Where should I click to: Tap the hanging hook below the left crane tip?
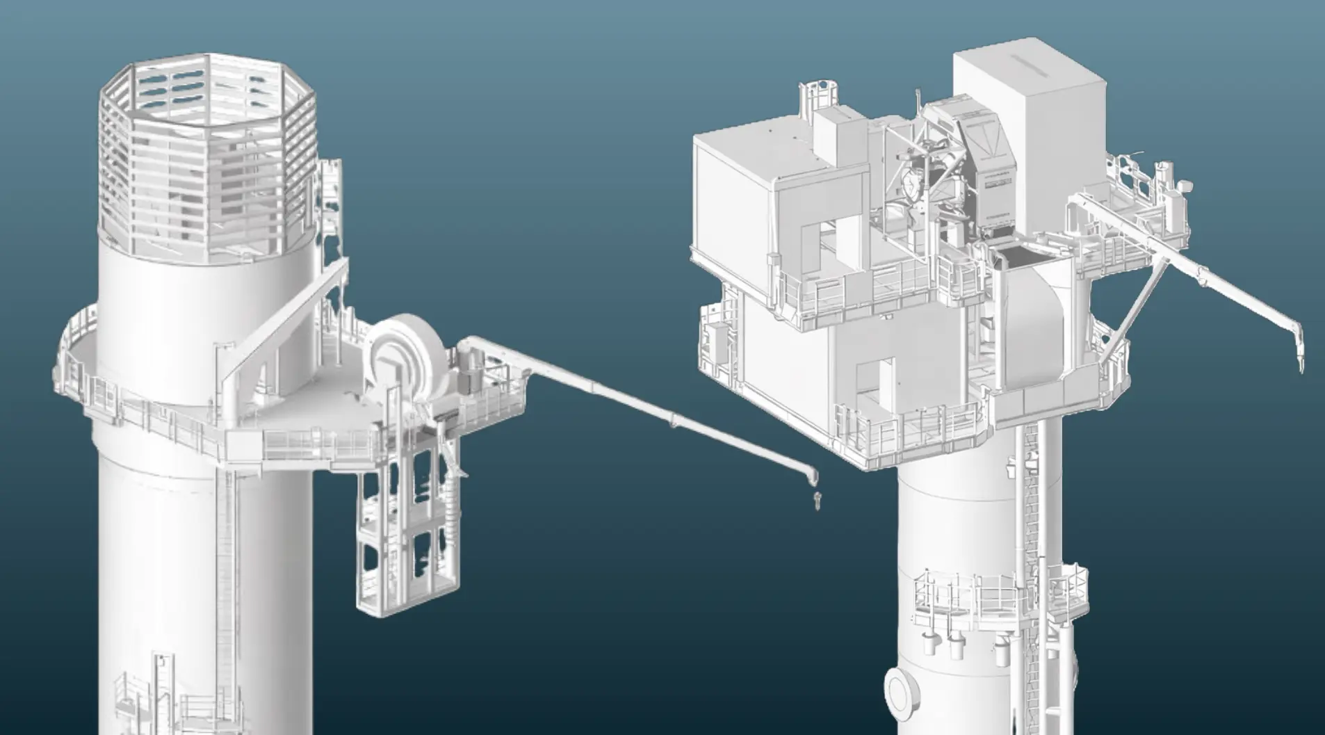[x=816, y=499]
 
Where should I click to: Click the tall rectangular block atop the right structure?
[x=1029, y=139]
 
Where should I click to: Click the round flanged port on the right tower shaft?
[x=902, y=692]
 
